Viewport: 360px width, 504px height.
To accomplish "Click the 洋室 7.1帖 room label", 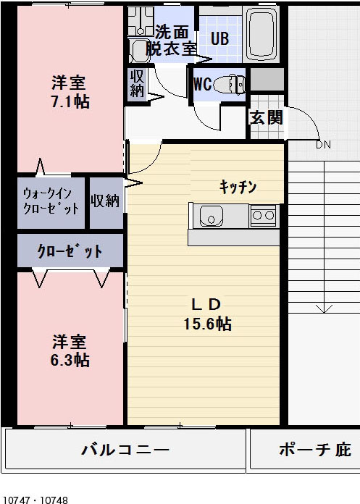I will [x=70, y=92].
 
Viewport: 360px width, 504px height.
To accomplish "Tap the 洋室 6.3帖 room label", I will [x=70, y=350].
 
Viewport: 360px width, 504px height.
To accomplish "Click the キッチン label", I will [x=238, y=187].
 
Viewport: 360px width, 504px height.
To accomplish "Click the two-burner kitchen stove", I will [x=263, y=214].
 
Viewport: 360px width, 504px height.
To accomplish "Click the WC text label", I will [x=202, y=83].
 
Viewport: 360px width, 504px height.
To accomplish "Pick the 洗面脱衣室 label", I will [x=171, y=41].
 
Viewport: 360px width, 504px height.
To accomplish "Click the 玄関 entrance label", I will [x=265, y=117].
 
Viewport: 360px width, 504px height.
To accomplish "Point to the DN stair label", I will [x=323, y=145].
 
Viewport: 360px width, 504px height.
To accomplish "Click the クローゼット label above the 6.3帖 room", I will [x=70, y=251].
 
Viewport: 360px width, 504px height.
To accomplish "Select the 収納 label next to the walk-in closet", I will [x=105, y=201].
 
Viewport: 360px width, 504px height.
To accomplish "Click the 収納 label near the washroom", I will [x=137, y=83].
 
